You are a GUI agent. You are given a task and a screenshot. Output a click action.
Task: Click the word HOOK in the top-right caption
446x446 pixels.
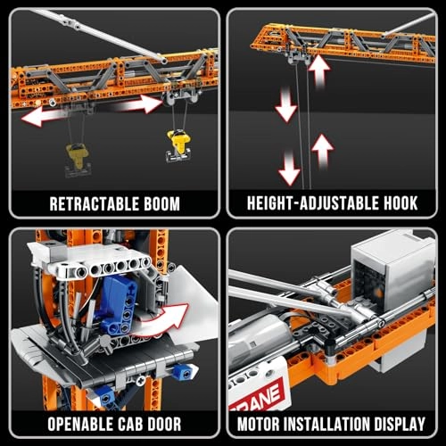tap(398, 202)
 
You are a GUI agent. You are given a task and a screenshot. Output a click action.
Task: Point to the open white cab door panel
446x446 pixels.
tap(193, 299)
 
